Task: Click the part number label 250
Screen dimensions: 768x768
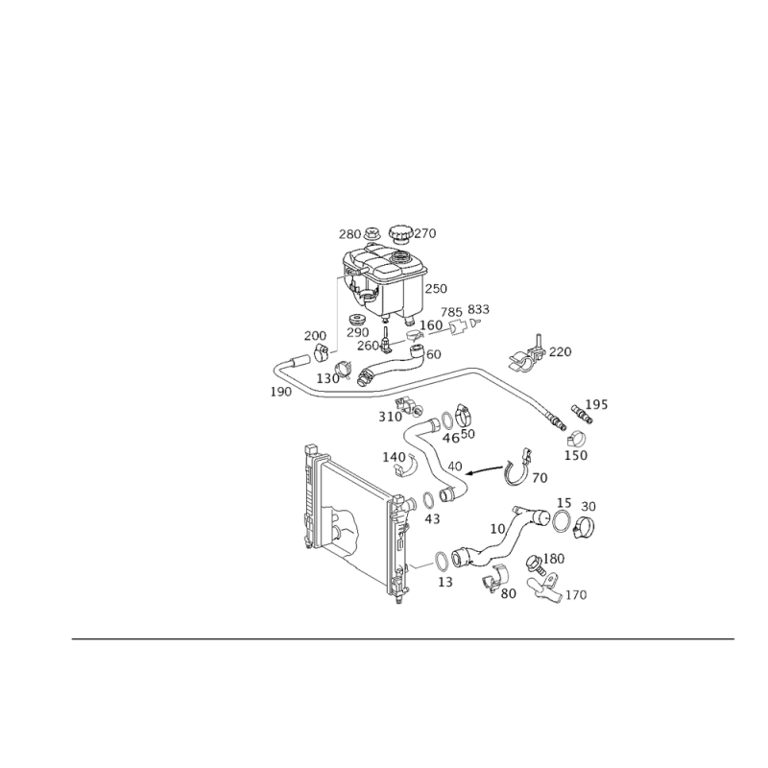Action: click(x=436, y=289)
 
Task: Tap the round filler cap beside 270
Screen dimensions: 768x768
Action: click(x=401, y=233)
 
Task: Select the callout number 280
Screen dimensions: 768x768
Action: click(x=349, y=234)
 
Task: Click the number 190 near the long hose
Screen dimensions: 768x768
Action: click(x=281, y=392)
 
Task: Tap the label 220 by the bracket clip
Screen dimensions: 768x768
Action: click(x=561, y=351)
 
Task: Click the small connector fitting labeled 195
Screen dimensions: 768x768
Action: click(x=582, y=415)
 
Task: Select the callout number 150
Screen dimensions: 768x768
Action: click(x=576, y=455)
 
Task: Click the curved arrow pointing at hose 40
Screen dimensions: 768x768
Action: click(x=485, y=469)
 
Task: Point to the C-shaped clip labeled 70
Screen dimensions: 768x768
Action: click(x=516, y=468)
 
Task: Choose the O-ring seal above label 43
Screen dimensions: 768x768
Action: click(x=427, y=500)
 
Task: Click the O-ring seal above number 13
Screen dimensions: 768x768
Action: click(x=442, y=562)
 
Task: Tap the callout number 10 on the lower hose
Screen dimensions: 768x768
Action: click(x=497, y=529)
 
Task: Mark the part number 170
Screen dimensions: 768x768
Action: click(x=576, y=595)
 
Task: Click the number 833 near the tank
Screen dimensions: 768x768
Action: click(x=478, y=309)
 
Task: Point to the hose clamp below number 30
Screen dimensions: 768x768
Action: click(x=584, y=527)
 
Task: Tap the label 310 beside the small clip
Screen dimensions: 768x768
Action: click(x=390, y=417)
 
